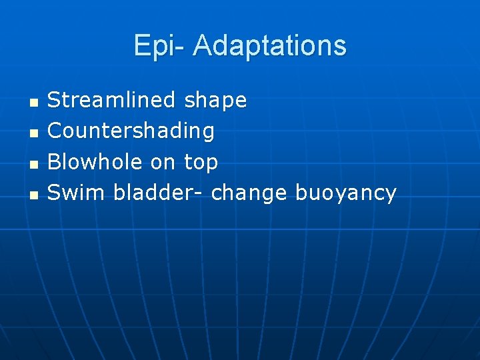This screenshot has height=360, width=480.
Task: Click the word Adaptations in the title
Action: tap(269, 46)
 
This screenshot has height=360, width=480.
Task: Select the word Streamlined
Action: tap(111, 101)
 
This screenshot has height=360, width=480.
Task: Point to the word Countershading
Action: tap(131, 131)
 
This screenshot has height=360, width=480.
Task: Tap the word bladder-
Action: tap(161, 193)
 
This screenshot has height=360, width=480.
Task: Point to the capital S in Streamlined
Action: tap(54, 101)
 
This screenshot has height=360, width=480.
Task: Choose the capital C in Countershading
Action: tap(55, 131)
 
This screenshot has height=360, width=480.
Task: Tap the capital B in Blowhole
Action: tap(55, 162)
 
